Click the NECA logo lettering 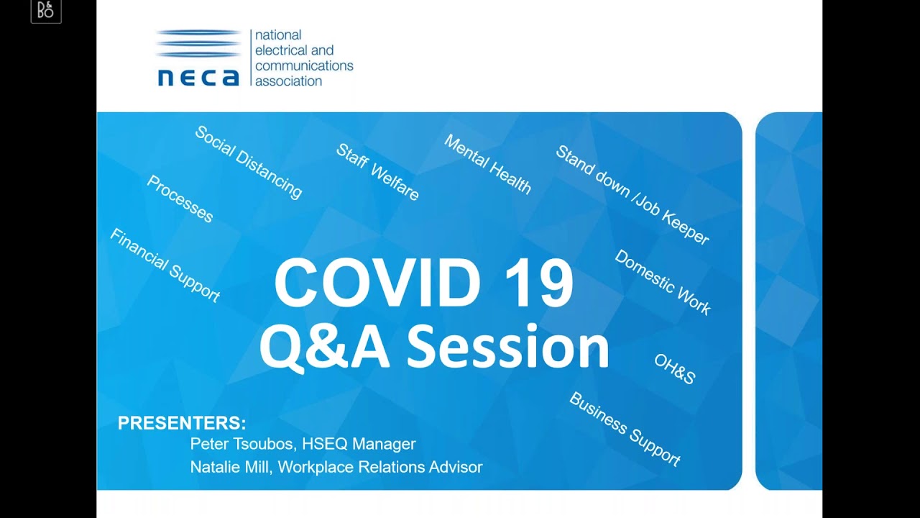click(x=198, y=76)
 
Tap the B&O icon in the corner click(x=46, y=11)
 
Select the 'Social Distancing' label click(x=249, y=163)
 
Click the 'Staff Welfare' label click(x=377, y=173)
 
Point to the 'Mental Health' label click(x=487, y=165)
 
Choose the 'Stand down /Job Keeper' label click(x=632, y=195)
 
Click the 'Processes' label click(x=180, y=199)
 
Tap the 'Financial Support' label click(x=165, y=265)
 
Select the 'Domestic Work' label click(x=662, y=283)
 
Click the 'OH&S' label click(x=674, y=369)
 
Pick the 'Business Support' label click(x=625, y=429)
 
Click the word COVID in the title click(x=377, y=283)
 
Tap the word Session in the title click(x=507, y=347)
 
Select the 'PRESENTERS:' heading click(x=182, y=423)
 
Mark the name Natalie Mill click(x=230, y=467)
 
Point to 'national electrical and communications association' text click(x=304, y=58)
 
